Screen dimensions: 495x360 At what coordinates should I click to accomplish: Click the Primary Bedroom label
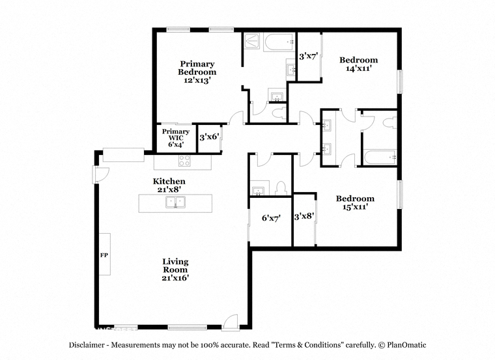pyautogui.click(x=197, y=68)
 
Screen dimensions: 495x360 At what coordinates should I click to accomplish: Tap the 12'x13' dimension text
pyautogui.click(x=197, y=81)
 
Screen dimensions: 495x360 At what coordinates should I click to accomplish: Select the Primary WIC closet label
pyautogui.click(x=176, y=134)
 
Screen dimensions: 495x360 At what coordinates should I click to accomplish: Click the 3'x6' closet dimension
pyautogui.click(x=209, y=137)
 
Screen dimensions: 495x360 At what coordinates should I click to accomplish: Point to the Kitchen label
pyautogui.click(x=169, y=182)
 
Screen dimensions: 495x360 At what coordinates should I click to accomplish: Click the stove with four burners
pyautogui.click(x=184, y=161)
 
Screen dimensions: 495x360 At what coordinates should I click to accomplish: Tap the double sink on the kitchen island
pyautogui.click(x=175, y=202)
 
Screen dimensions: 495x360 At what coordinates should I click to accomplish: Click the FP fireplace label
pyautogui.click(x=104, y=255)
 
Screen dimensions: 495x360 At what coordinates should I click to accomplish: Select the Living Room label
pyautogui.click(x=175, y=266)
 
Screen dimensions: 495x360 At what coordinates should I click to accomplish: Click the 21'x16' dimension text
pyautogui.click(x=175, y=278)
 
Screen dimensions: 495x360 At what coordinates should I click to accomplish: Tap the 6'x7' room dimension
pyautogui.click(x=271, y=218)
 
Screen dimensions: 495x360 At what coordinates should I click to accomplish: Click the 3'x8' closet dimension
pyautogui.click(x=304, y=216)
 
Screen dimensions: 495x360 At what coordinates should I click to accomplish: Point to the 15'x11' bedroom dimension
pyautogui.click(x=355, y=207)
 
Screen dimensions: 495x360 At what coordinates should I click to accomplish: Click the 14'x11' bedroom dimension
pyautogui.click(x=358, y=68)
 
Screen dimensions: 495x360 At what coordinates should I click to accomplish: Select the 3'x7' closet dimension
pyautogui.click(x=309, y=57)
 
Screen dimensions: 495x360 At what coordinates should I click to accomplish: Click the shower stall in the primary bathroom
pyautogui.click(x=252, y=42)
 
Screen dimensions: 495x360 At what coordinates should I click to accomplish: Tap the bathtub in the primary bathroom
pyautogui.click(x=279, y=42)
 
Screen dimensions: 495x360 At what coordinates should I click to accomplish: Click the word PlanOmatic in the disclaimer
pyautogui.click(x=406, y=345)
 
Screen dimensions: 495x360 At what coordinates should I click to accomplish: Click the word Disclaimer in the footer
pyautogui.click(x=87, y=345)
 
